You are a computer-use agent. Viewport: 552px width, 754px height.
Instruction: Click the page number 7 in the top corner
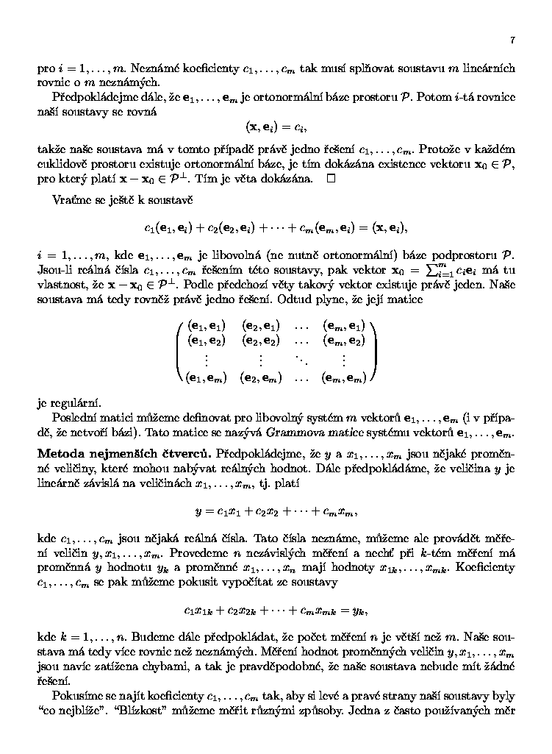(x=512, y=40)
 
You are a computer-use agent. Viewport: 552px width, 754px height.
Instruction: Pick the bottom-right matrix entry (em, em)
(x=344, y=379)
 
